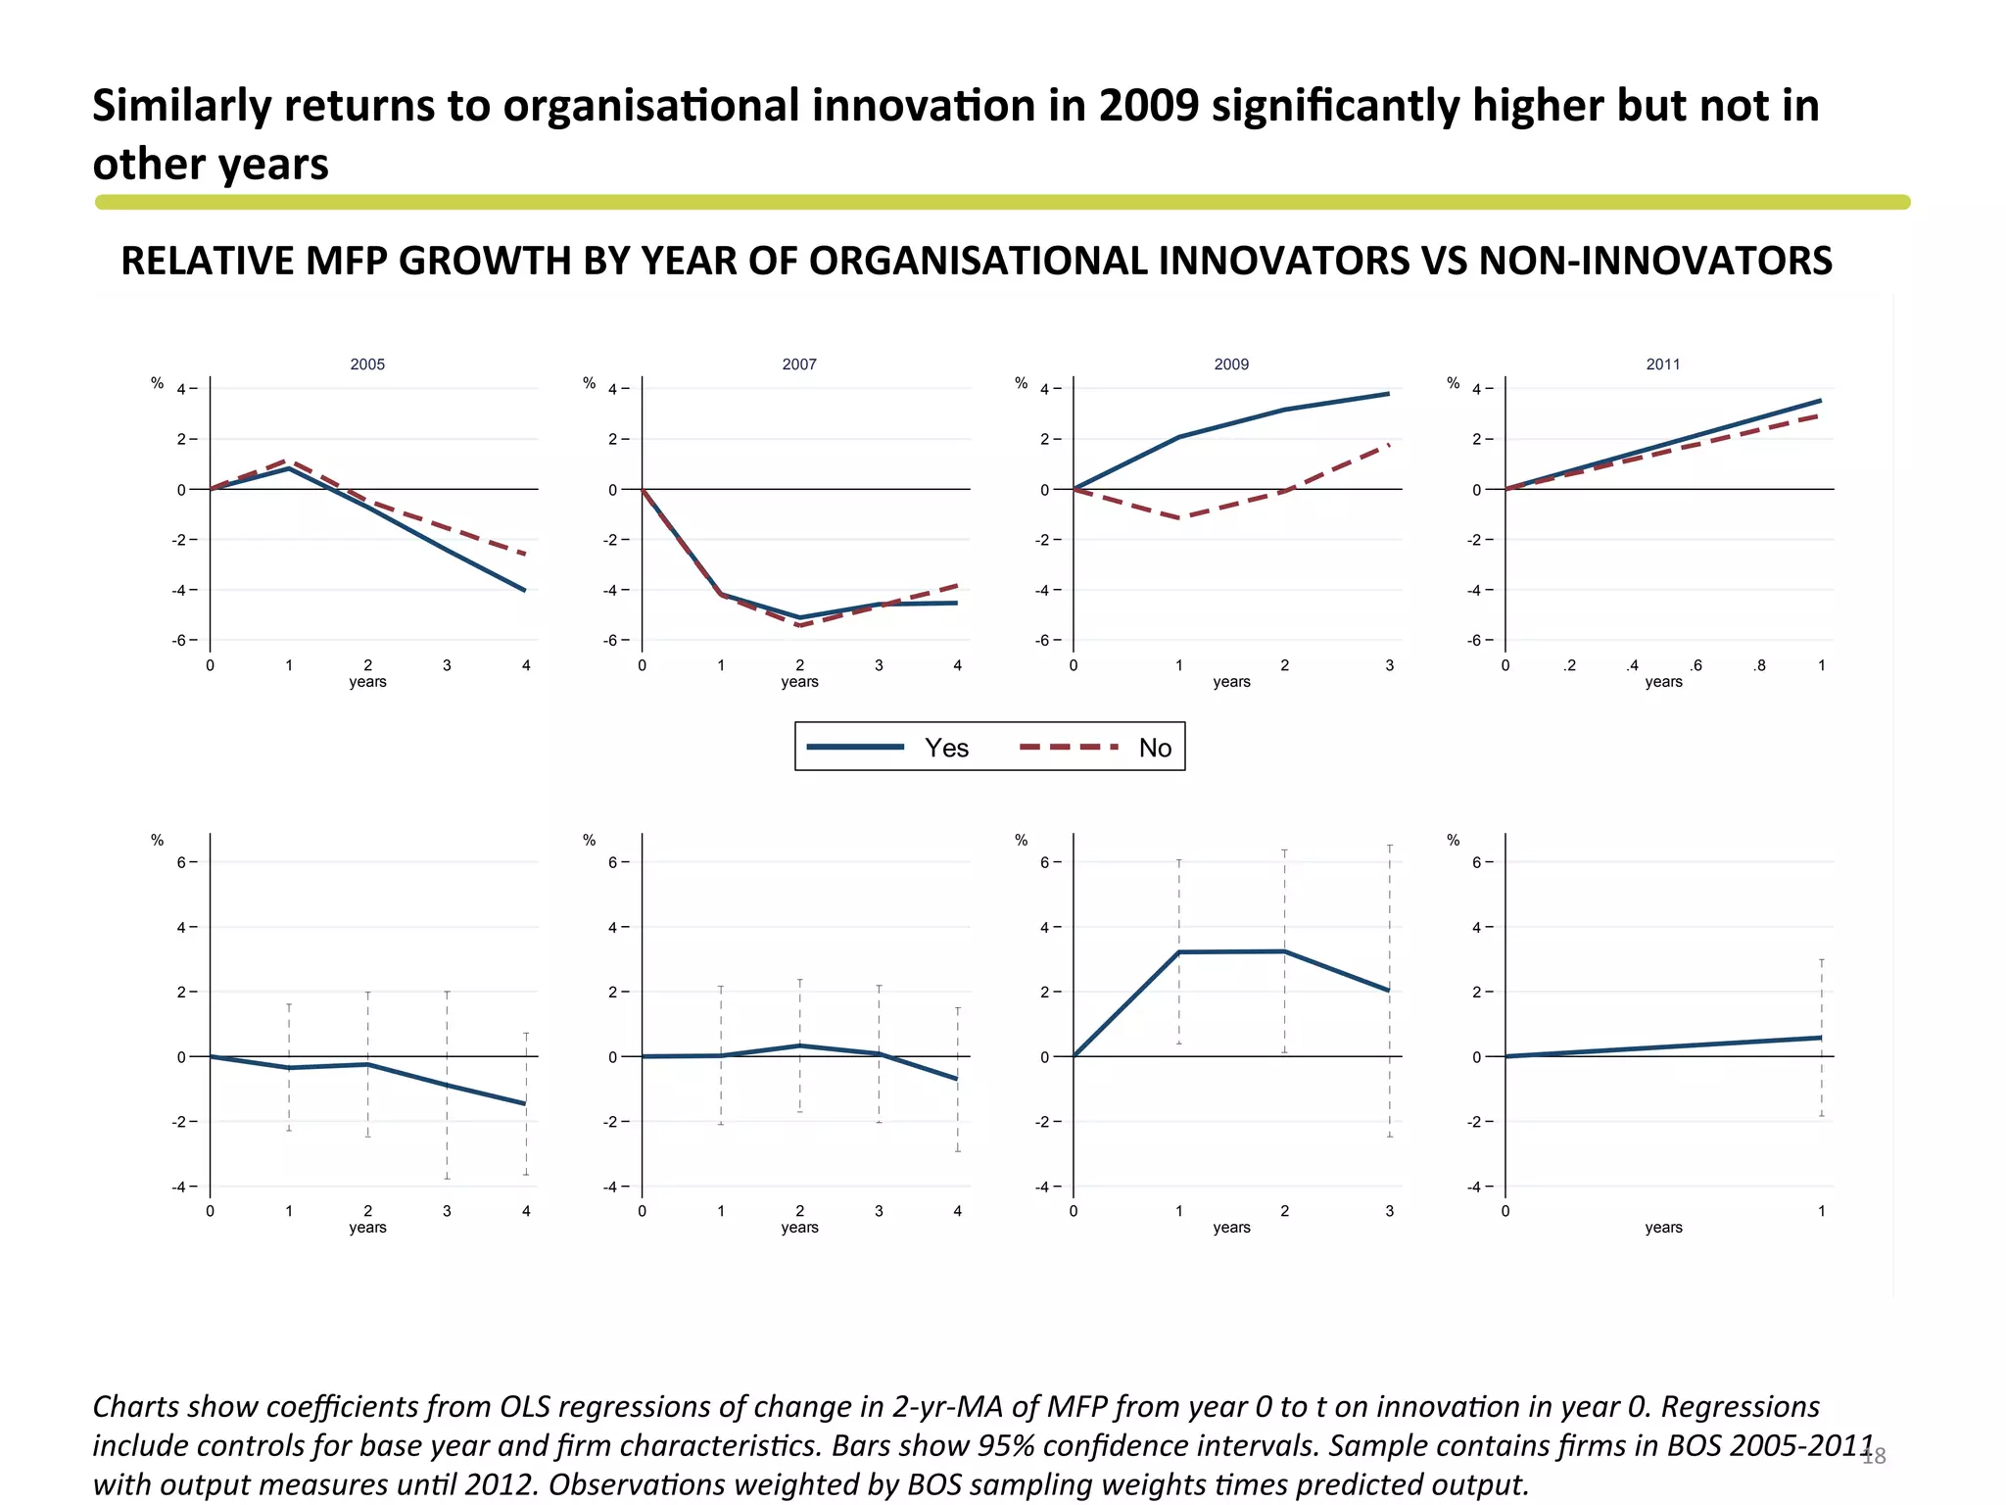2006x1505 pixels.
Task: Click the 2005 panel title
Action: (x=367, y=364)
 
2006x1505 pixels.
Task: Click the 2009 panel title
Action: (x=1231, y=364)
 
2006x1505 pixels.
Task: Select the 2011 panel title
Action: (x=1663, y=364)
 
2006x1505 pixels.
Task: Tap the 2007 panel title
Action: (x=799, y=364)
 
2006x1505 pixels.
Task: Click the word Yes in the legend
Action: (x=946, y=748)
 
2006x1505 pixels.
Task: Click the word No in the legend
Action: (x=1155, y=748)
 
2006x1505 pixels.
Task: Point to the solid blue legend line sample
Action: (x=855, y=747)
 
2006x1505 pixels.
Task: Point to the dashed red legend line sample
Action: (x=1069, y=747)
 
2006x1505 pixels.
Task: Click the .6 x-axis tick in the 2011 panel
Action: (x=1696, y=665)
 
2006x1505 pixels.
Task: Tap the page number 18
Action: (x=1874, y=1457)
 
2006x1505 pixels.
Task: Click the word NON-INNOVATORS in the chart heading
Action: (x=1655, y=261)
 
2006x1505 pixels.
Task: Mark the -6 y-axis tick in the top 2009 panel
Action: (x=1043, y=641)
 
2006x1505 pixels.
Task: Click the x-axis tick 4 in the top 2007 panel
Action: (x=958, y=665)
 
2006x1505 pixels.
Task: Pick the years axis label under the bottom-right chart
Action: (x=1663, y=1228)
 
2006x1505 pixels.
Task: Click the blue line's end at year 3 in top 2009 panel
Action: (x=1388, y=394)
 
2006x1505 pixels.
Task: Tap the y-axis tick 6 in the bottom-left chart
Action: (x=182, y=862)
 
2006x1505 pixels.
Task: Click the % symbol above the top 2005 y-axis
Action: (x=157, y=383)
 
